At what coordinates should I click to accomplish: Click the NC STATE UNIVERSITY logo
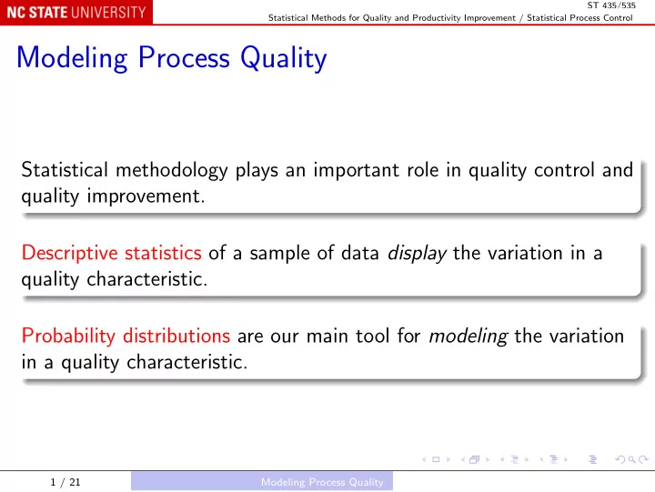pyautogui.click(x=76, y=12)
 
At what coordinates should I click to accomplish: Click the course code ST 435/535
pyautogui.click(x=611, y=5)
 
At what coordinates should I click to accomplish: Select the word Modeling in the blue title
pyautogui.click(x=72, y=58)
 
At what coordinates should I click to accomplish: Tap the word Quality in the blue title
pyautogui.click(x=284, y=58)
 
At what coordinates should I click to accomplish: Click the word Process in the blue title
pyautogui.click(x=184, y=57)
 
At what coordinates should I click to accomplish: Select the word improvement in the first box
pyautogui.click(x=146, y=196)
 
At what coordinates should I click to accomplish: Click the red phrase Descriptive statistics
pyautogui.click(x=112, y=254)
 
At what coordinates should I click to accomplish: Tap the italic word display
pyautogui.click(x=417, y=254)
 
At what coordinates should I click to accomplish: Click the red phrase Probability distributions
pyautogui.click(x=126, y=336)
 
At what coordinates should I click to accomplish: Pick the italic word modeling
pyautogui.click(x=469, y=336)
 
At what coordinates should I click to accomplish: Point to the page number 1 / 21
pyautogui.click(x=65, y=482)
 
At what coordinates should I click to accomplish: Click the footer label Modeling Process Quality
pyautogui.click(x=322, y=482)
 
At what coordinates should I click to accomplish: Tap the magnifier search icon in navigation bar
pyautogui.click(x=632, y=460)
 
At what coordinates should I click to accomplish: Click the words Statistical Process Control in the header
pyautogui.click(x=579, y=18)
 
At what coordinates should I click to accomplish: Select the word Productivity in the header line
pyautogui.click(x=437, y=18)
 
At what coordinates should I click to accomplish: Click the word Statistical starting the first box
pyautogui.click(x=65, y=170)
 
